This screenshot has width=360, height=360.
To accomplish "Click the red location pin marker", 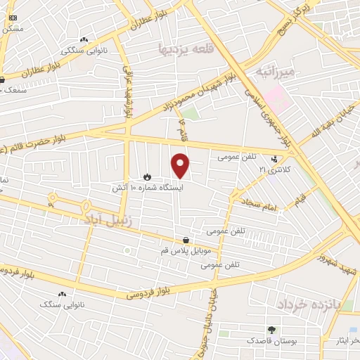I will [181, 165].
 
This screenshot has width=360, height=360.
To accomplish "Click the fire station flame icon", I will [147, 176].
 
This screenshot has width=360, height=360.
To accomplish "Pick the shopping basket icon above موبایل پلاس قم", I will [185, 239].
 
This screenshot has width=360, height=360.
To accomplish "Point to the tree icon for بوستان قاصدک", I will [271, 329].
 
